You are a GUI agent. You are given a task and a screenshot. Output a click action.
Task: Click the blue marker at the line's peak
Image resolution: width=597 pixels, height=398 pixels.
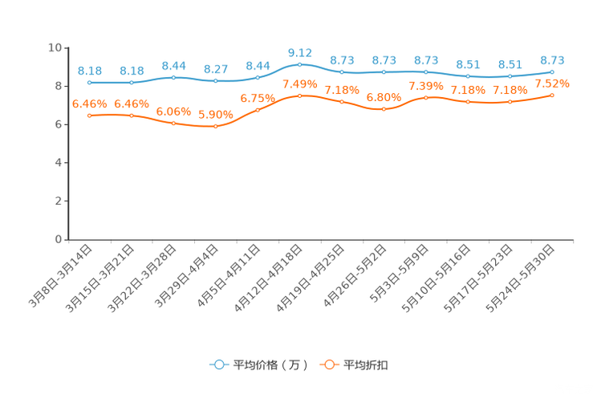click(299, 63)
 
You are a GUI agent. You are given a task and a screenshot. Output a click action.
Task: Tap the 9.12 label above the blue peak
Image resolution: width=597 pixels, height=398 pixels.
click(299, 52)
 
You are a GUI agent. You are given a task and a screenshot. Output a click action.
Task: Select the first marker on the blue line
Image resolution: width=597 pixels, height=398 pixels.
click(89, 82)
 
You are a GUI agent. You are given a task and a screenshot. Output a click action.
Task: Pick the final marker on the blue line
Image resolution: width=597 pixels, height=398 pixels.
click(552, 71)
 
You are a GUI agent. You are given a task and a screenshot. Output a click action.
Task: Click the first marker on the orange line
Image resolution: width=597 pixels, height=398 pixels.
click(89, 116)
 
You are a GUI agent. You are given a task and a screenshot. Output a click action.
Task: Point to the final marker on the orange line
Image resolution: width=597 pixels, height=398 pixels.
click(552, 95)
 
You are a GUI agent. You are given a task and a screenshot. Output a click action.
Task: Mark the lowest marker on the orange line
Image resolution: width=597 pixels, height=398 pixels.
click(215, 127)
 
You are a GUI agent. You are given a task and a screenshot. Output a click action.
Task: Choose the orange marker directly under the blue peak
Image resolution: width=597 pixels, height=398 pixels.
click(299, 95)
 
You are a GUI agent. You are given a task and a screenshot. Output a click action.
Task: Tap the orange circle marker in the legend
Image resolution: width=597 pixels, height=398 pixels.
click(328, 364)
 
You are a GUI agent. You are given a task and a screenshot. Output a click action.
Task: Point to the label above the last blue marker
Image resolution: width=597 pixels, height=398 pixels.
click(552, 59)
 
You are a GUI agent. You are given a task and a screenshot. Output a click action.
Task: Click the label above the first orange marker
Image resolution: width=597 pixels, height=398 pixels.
click(89, 104)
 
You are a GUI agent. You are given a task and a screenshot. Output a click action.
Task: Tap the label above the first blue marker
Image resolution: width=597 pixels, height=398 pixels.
click(89, 71)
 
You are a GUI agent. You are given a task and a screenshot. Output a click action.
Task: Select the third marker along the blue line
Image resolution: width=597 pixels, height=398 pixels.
click(173, 77)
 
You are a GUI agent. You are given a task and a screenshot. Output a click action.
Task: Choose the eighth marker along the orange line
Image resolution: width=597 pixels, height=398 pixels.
click(384, 109)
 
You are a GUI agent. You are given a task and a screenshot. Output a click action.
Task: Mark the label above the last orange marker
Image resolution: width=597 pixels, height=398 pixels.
click(552, 83)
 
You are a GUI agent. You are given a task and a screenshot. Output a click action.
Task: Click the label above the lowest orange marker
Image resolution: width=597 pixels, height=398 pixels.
click(215, 115)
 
